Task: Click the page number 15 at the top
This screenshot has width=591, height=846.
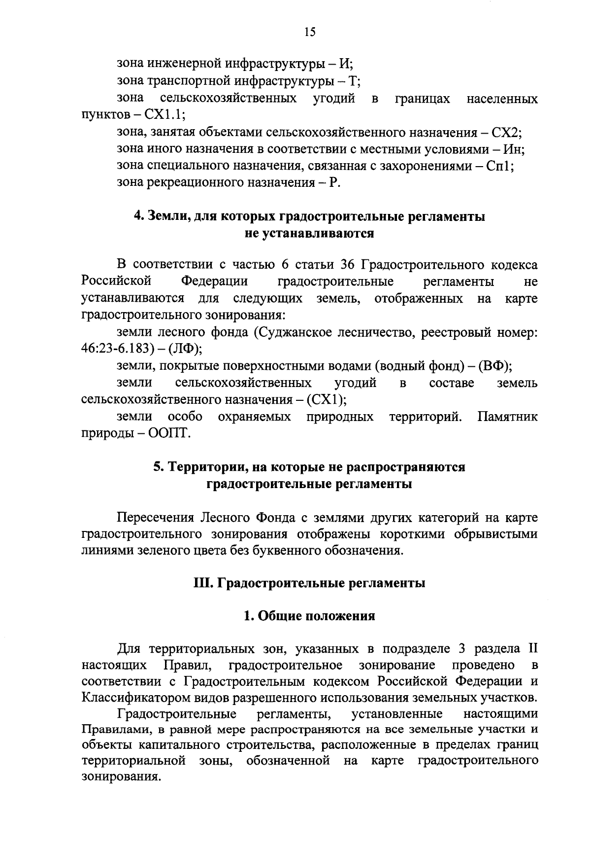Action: pos(310,32)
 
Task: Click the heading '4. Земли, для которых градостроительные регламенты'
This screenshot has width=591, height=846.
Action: pos(310,217)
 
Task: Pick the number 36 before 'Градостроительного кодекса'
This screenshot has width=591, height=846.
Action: pos(347,265)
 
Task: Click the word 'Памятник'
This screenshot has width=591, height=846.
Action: pos(507,417)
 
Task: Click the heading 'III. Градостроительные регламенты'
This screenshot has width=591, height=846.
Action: pos(309,583)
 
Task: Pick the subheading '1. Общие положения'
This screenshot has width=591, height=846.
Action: pos(309,616)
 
